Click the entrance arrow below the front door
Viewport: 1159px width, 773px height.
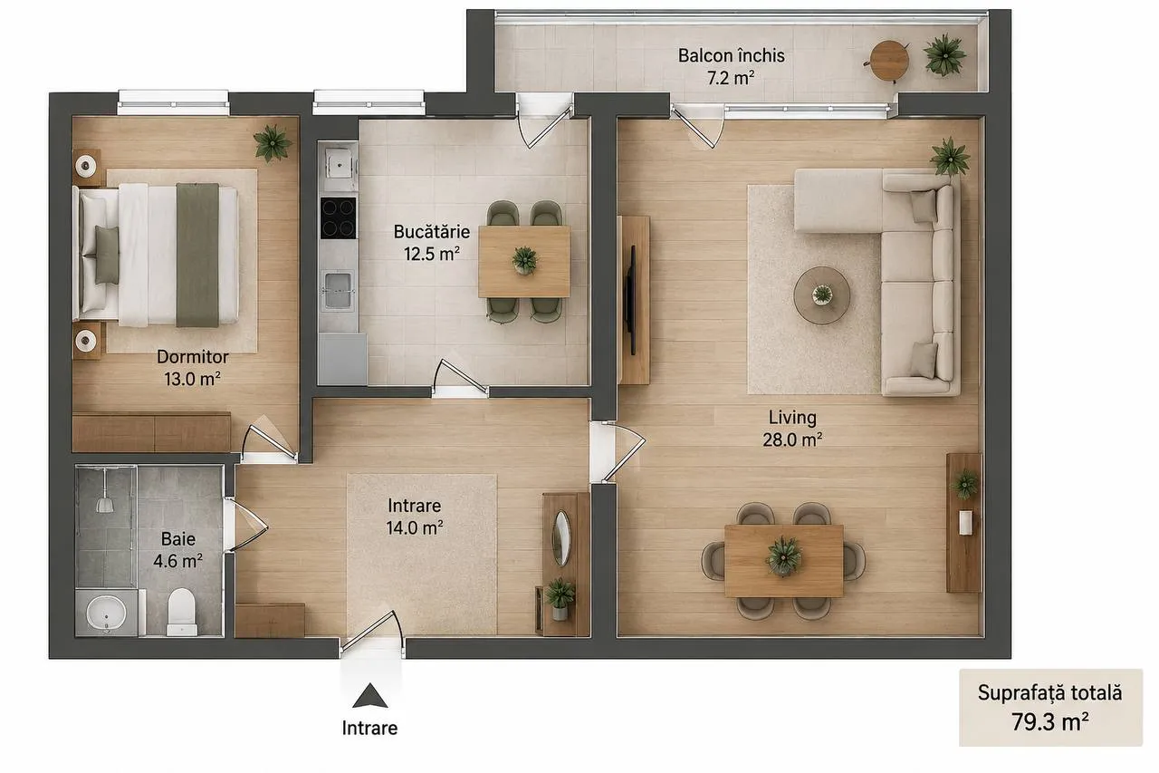coord(370,695)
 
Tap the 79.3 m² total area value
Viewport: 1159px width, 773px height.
coord(1049,721)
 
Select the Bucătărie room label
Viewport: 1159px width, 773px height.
coord(432,231)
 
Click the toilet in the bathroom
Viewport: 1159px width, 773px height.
coord(182,612)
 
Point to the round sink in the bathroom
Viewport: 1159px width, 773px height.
coord(106,612)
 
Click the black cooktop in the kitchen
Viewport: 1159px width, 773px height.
coord(339,218)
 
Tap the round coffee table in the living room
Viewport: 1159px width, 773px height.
coord(821,295)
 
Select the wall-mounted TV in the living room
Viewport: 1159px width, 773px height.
coord(631,300)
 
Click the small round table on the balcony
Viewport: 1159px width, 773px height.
coord(889,61)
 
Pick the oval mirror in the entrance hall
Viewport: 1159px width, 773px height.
coord(561,538)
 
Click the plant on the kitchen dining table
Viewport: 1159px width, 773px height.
coord(524,259)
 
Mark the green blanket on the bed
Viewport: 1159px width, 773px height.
coord(197,255)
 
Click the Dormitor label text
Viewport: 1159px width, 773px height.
coord(193,357)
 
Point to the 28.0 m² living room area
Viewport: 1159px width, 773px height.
coord(792,440)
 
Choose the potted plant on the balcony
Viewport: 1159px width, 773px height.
coord(944,55)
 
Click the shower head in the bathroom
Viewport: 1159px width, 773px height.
coord(105,504)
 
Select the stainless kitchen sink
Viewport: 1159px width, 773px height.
coord(338,290)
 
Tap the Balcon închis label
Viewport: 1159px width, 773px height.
coord(731,55)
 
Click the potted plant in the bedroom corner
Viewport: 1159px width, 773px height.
coord(273,142)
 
